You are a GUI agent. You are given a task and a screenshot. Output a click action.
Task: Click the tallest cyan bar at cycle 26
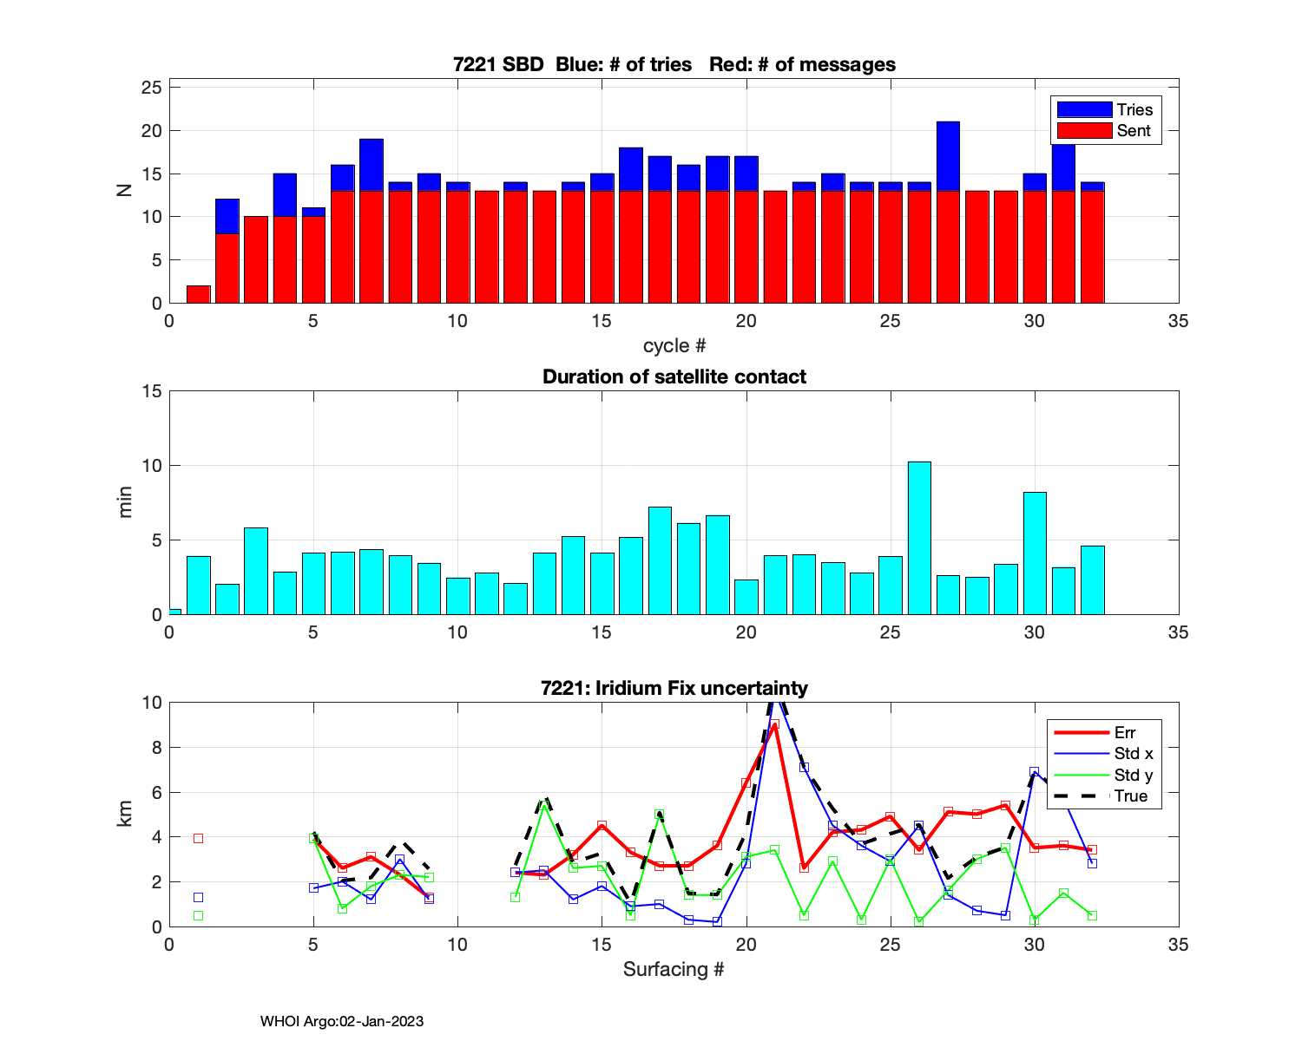(919, 538)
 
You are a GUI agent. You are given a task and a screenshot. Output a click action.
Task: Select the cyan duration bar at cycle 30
(1035, 553)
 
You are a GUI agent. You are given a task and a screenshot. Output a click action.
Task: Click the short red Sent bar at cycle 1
(199, 294)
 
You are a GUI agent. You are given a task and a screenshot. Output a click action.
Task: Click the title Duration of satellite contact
(674, 376)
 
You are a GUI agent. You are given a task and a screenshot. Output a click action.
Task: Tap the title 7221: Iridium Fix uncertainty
(674, 688)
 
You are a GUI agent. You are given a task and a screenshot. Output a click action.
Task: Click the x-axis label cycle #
(674, 345)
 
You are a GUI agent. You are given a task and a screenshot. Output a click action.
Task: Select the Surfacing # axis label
(674, 969)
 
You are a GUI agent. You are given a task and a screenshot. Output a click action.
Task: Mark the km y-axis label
(125, 814)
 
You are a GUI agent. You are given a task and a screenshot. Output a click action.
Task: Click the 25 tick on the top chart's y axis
(152, 88)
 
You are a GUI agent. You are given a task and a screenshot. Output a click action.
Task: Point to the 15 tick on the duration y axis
(152, 391)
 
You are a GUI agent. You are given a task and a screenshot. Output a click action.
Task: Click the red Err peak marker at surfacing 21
(774, 724)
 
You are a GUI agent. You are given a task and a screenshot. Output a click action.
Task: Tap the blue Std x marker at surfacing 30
(1034, 771)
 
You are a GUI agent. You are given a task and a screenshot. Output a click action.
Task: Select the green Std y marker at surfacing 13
(544, 807)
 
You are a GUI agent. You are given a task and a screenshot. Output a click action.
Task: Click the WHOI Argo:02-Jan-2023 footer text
(342, 1021)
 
